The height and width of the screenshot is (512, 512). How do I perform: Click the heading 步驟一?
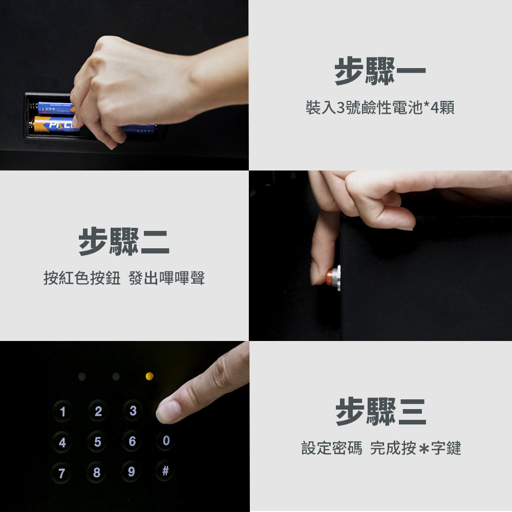(x=380, y=71)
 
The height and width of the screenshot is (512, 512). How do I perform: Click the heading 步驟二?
(x=124, y=242)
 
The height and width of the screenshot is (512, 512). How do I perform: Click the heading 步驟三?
(x=380, y=412)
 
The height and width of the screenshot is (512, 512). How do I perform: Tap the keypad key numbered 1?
(x=62, y=412)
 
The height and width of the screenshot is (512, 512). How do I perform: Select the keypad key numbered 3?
(x=133, y=411)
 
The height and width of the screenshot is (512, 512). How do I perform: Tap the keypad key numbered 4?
(x=62, y=442)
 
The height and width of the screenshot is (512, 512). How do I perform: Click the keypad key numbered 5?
(x=97, y=442)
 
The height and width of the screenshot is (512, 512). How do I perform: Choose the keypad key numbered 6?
(x=132, y=441)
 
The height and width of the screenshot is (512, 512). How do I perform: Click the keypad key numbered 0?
(x=165, y=441)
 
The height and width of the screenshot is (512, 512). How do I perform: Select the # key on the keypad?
(x=165, y=471)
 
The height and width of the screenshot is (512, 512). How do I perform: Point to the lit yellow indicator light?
(x=150, y=376)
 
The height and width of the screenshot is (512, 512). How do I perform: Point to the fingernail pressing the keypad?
(x=168, y=411)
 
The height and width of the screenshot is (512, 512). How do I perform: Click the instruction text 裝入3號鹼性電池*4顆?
(x=380, y=108)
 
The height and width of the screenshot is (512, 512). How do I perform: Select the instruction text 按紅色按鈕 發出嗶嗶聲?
(x=124, y=279)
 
